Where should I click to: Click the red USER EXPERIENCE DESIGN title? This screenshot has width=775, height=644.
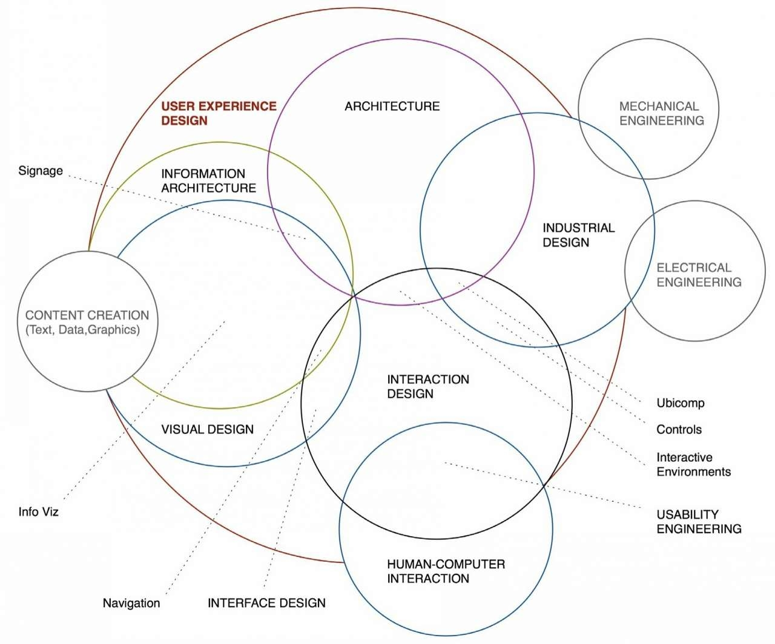click(x=219, y=113)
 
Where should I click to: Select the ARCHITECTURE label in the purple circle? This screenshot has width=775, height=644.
click(x=392, y=107)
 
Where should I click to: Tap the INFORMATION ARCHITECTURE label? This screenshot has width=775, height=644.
click(x=209, y=180)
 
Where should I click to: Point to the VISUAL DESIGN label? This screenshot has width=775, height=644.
click(x=208, y=429)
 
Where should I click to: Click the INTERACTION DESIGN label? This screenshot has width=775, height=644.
click(x=428, y=386)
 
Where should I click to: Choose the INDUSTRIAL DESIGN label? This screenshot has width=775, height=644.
click(x=579, y=235)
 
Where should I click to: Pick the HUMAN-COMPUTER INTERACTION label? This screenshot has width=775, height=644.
click(x=446, y=571)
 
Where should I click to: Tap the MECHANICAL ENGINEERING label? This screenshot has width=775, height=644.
click(x=661, y=114)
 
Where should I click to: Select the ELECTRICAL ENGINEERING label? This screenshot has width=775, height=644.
click(x=699, y=275)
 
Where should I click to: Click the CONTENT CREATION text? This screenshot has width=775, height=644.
click(x=87, y=315)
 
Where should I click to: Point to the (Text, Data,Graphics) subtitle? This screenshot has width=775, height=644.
click(x=82, y=330)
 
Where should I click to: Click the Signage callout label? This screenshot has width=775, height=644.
click(x=41, y=171)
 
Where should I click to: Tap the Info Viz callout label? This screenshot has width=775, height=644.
click(x=39, y=512)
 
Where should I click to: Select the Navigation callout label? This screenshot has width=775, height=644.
click(x=131, y=603)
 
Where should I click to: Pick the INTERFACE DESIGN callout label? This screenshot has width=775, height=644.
click(x=266, y=603)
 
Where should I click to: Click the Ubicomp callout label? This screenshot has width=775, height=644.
click(x=681, y=403)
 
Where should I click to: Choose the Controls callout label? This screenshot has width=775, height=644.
click(x=679, y=430)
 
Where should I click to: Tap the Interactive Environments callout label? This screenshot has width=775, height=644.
click(x=693, y=464)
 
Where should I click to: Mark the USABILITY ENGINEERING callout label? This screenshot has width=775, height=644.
click(x=699, y=521)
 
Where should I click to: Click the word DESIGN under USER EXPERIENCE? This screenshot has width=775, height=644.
click(x=184, y=120)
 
